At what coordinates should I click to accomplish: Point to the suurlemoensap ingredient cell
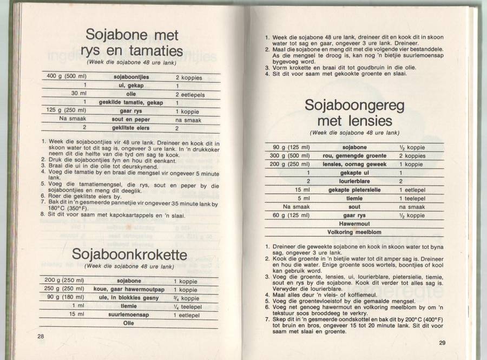(129, 314)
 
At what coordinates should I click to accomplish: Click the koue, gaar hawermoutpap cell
(129, 289)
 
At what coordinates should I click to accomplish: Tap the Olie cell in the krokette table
(129, 323)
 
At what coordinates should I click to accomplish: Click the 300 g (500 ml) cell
(290, 155)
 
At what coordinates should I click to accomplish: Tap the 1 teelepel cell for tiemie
(413, 198)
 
